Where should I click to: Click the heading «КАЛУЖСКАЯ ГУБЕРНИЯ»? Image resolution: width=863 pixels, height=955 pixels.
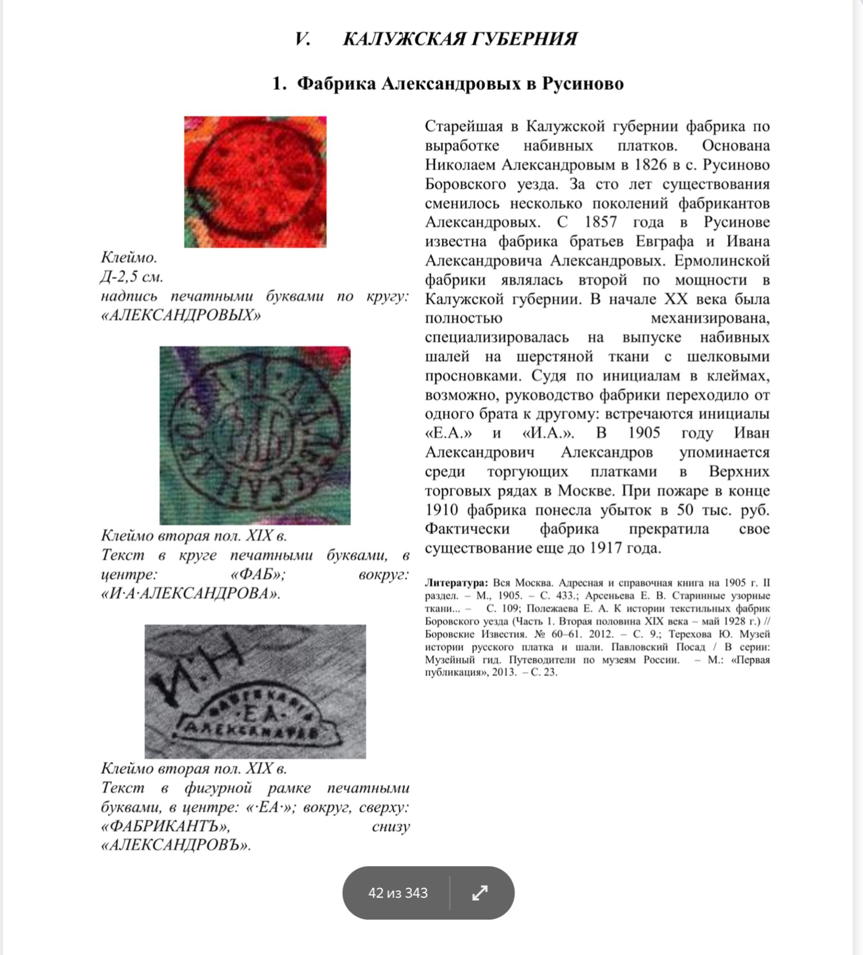(460, 39)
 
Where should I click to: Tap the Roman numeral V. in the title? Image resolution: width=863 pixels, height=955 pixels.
(302, 39)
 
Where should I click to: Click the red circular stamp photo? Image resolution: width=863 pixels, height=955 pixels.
(255, 181)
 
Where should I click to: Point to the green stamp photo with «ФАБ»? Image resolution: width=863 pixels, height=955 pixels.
(255, 435)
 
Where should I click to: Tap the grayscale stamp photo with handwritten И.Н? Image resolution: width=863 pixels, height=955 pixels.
(255, 691)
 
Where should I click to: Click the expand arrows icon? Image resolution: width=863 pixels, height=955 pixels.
(480, 893)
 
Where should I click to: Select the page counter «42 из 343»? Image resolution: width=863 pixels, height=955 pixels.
(398, 893)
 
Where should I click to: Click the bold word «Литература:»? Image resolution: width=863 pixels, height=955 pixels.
(456, 583)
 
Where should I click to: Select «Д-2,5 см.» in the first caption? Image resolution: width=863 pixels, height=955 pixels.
(132, 277)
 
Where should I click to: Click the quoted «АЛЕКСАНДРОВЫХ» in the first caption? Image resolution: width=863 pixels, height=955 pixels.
(181, 316)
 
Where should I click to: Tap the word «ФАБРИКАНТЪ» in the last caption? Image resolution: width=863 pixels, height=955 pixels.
(165, 826)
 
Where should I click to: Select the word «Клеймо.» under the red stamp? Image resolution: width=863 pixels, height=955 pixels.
(129, 258)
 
